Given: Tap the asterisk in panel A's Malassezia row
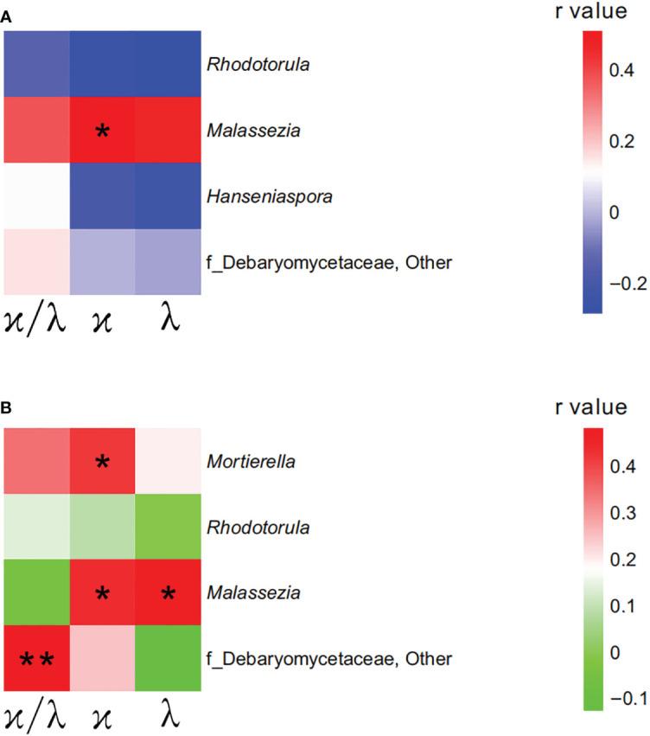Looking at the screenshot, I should point(103,132).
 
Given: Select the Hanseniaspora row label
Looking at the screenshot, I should point(270,197).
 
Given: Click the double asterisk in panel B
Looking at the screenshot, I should point(35,661).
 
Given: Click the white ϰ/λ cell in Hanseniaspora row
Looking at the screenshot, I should point(35,197).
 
